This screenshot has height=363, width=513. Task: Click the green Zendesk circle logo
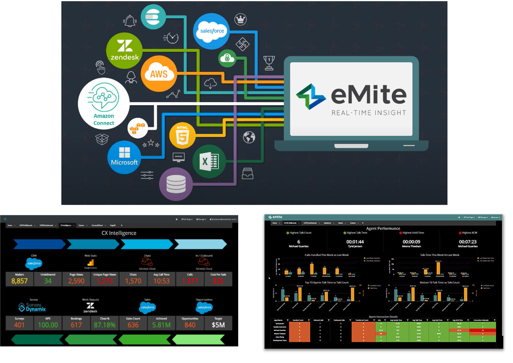(x=124, y=51)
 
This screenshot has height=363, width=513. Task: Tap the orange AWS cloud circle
(x=159, y=73)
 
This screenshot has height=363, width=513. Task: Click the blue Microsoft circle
(x=124, y=157)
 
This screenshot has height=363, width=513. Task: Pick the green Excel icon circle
(x=209, y=162)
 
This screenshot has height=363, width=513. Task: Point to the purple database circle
(x=176, y=184)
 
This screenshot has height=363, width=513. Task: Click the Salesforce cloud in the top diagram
(x=211, y=31)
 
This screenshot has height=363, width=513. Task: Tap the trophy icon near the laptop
(x=269, y=63)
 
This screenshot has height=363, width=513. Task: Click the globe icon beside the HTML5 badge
(x=249, y=137)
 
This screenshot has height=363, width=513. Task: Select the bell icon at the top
(x=130, y=21)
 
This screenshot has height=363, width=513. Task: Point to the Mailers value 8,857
(x=19, y=281)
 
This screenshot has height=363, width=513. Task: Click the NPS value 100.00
(x=48, y=325)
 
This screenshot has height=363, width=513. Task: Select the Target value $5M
(x=218, y=325)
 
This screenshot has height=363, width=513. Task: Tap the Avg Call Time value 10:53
(x=161, y=281)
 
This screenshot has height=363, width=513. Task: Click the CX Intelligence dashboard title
(x=119, y=233)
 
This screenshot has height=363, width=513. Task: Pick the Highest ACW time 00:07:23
(x=468, y=242)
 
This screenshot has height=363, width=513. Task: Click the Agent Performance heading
(x=383, y=229)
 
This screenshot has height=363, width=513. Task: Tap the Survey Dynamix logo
(x=32, y=307)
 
